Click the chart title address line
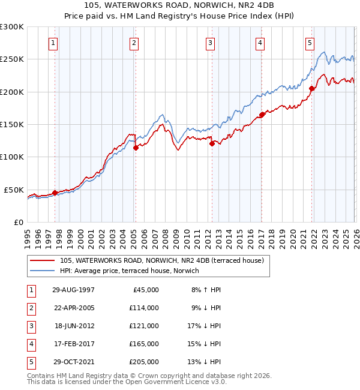click(x=180, y=6)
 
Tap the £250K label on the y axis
click(x=12, y=59)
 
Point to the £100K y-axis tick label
click(x=12, y=157)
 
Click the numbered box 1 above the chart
click(x=54, y=43)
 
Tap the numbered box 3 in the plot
click(x=211, y=43)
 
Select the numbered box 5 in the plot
click(x=310, y=43)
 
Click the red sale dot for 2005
click(x=136, y=148)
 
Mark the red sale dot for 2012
click(x=212, y=143)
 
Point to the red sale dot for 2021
click(x=311, y=89)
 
